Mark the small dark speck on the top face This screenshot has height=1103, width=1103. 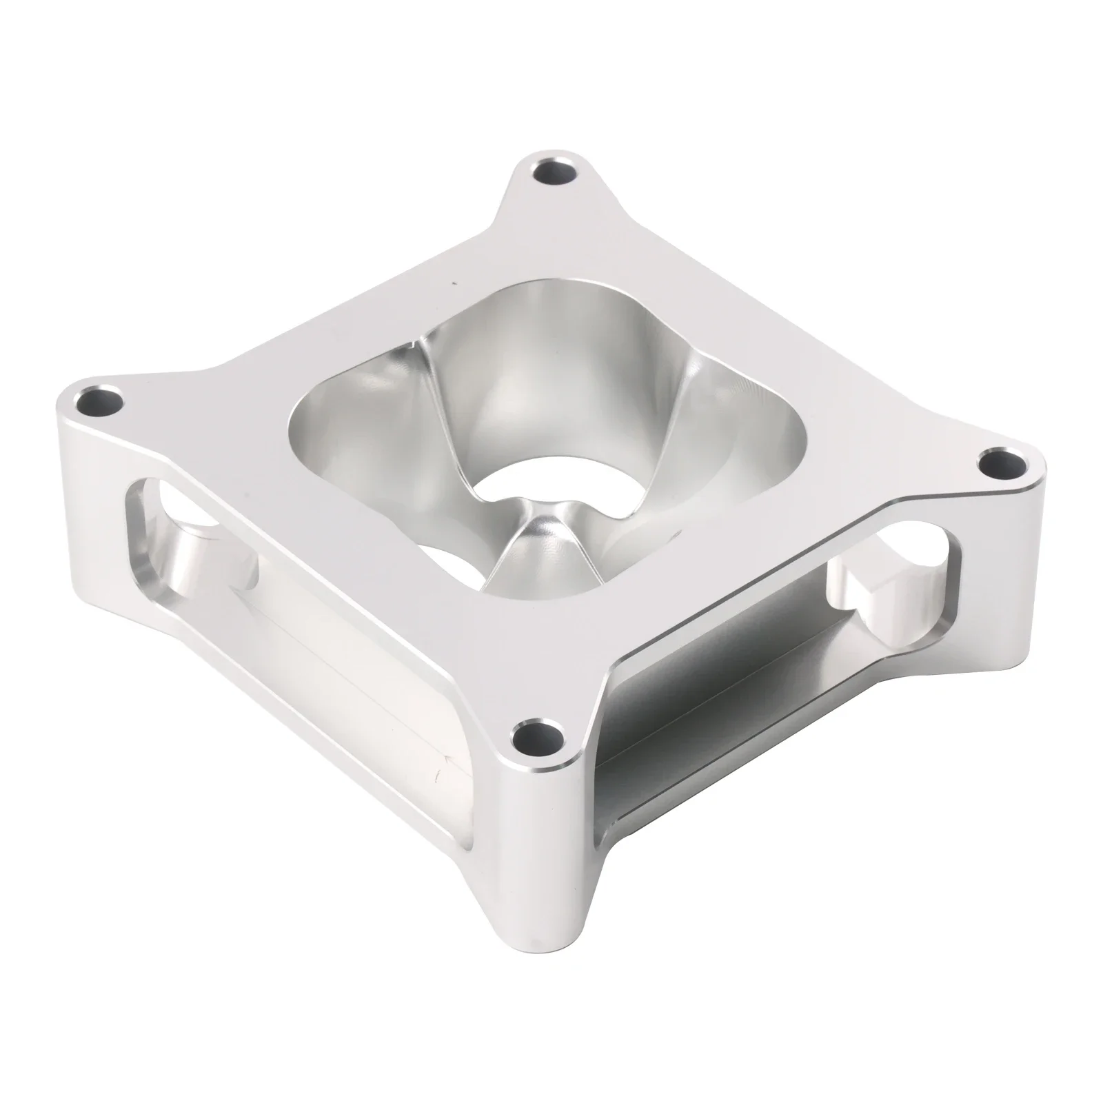[x=453, y=282]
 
